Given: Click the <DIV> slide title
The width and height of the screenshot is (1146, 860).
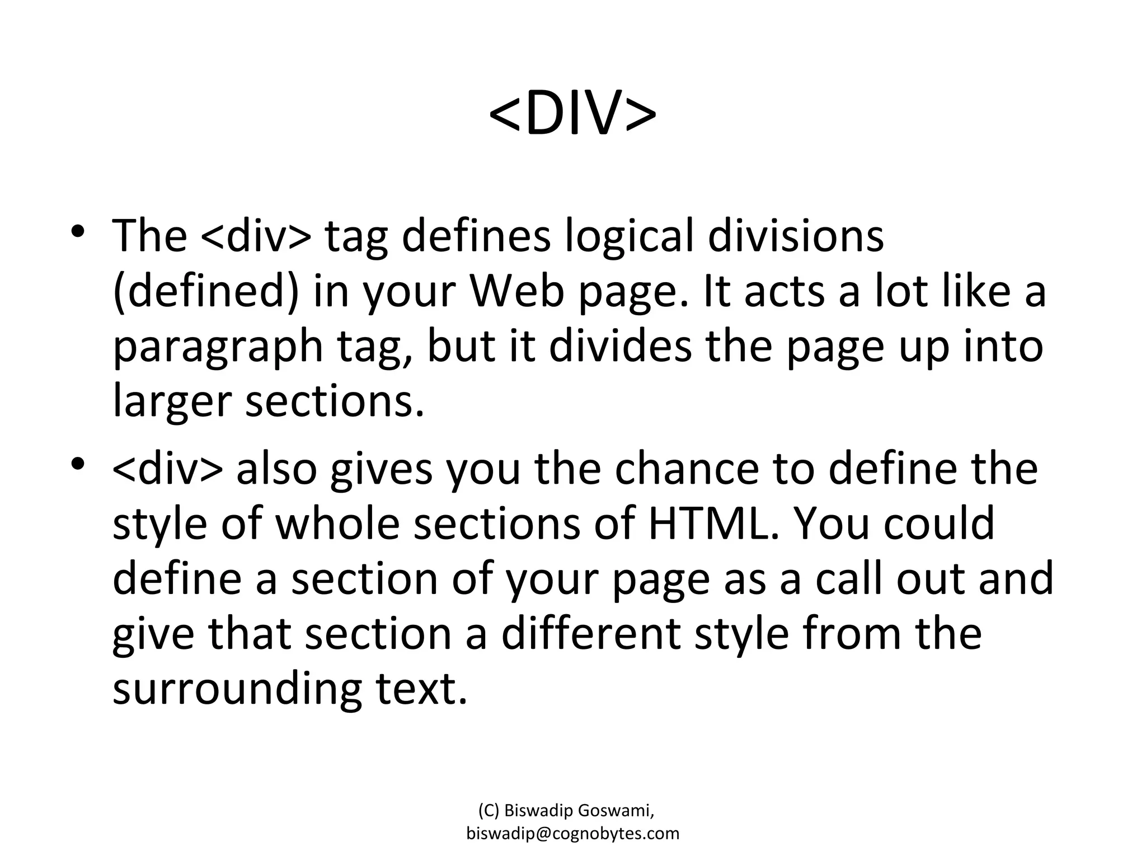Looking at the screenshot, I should coord(572,114).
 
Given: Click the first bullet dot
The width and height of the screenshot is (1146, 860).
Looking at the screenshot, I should coord(78,231).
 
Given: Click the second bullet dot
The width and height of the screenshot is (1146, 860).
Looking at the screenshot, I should coord(78,464).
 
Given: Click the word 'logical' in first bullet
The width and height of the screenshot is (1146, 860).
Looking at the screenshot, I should coord(630,236).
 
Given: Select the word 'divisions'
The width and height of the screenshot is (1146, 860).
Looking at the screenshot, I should coord(796,235).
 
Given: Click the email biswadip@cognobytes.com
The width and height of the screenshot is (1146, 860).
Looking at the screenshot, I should coord(572,833).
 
